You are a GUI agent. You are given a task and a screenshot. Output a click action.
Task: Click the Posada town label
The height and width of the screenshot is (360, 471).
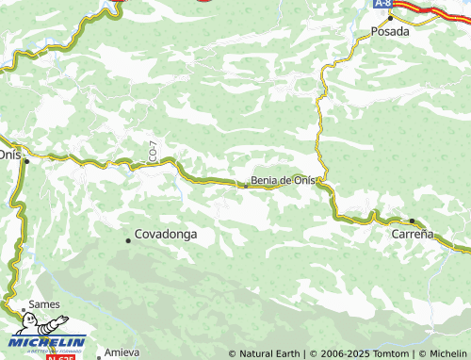390,31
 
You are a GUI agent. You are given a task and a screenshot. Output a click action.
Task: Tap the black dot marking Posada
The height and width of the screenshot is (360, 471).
390,17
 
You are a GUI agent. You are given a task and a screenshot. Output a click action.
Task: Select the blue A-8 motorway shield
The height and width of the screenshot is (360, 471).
382,4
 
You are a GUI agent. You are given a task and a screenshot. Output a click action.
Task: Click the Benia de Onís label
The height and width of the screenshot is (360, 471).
283,181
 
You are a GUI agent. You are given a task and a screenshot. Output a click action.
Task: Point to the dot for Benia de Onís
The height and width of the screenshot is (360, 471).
246,186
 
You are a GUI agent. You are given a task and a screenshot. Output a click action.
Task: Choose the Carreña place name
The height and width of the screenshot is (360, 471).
413,234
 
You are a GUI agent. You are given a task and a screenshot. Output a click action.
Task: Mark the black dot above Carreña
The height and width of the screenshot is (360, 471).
412,221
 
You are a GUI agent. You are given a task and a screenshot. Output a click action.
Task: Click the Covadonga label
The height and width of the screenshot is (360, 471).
166,234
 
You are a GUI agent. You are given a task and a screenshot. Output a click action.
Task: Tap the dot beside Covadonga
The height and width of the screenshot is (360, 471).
128,240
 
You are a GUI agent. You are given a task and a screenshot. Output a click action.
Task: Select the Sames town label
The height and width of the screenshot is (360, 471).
44,305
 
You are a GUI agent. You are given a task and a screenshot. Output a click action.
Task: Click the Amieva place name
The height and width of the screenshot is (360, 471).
122,352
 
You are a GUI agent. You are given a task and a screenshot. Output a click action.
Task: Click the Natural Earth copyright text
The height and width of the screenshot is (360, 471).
265,353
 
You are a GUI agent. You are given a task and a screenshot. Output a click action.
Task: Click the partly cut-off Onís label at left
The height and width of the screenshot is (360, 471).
9,153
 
